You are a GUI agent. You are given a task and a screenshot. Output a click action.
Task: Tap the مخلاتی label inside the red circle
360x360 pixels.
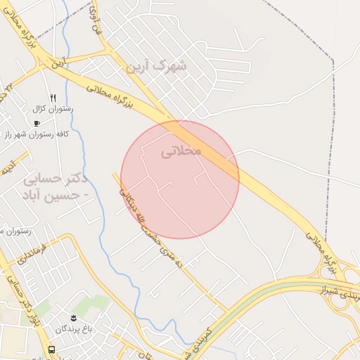click(181, 151)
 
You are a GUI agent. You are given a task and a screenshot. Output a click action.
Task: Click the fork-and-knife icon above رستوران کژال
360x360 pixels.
click(53, 98)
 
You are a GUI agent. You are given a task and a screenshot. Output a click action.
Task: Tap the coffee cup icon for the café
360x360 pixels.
click(37, 122)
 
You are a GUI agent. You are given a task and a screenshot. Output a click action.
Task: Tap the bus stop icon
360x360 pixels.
click(51, 349)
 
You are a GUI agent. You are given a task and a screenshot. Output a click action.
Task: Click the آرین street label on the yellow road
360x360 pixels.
click(57, 63)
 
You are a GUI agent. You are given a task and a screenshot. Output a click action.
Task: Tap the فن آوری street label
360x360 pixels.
click(96, 20)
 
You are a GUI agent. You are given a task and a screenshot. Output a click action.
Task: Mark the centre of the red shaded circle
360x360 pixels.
click(180, 179)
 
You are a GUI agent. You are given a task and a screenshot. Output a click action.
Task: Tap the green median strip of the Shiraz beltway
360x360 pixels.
click(281, 288)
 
